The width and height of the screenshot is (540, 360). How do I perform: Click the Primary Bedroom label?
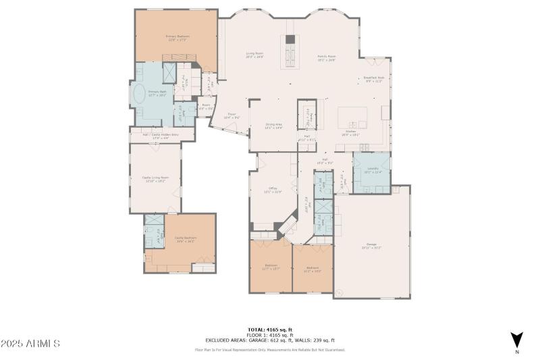(178, 38)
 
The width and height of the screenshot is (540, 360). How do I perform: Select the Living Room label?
(254, 55)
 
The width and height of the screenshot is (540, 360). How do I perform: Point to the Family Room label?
(327, 58)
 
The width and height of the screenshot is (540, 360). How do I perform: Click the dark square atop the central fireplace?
(290, 39)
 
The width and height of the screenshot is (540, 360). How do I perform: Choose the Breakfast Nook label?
(375, 79)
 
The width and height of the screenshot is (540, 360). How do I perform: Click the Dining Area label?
(273, 126)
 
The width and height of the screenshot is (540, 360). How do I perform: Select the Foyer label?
(231, 116)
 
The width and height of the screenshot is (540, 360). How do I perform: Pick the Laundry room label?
(372, 171)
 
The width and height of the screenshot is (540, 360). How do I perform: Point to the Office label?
(273, 190)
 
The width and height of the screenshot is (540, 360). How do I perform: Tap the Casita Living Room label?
(155, 179)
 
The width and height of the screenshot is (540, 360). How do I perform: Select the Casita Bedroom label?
(185, 239)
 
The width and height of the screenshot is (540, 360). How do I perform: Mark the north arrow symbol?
(516, 340)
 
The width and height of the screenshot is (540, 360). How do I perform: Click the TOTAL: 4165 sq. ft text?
(270, 330)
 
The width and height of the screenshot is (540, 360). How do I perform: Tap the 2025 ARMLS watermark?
(30, 344)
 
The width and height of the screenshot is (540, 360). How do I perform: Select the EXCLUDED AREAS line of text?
(270, 340)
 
